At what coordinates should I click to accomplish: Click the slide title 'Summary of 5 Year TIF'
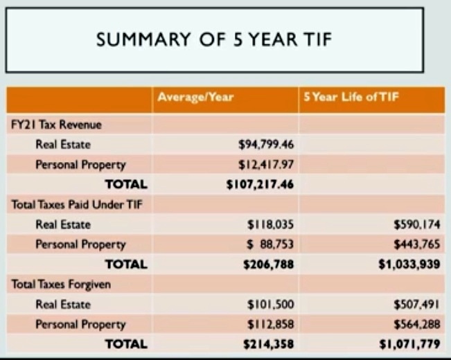point(214,39)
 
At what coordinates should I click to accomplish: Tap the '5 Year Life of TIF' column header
point(351,98)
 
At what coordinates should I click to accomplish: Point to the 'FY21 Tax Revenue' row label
point(56,125)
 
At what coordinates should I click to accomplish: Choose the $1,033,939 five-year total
point(411,264)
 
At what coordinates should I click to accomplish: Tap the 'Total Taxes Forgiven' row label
point(61,285)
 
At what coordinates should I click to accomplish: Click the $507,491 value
point(418,305)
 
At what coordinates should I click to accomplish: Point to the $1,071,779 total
point(411,344)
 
